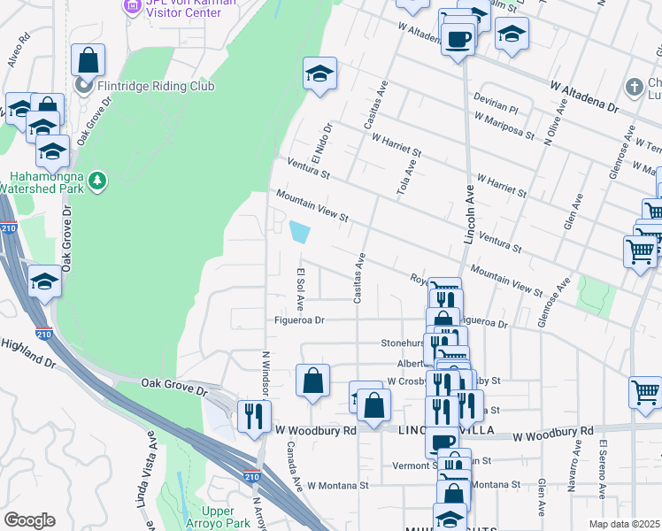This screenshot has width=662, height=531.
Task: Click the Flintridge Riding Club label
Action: [x=156, y=86]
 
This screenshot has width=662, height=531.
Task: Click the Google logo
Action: [x=29, y=520]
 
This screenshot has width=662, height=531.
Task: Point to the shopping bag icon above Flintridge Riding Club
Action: [x=88, y=61]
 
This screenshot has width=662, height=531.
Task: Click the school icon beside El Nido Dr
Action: [x=319, y=74]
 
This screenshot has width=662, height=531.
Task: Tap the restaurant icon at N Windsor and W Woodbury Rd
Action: [x=254, y=414]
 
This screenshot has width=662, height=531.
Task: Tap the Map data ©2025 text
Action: [x=623, y=524]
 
